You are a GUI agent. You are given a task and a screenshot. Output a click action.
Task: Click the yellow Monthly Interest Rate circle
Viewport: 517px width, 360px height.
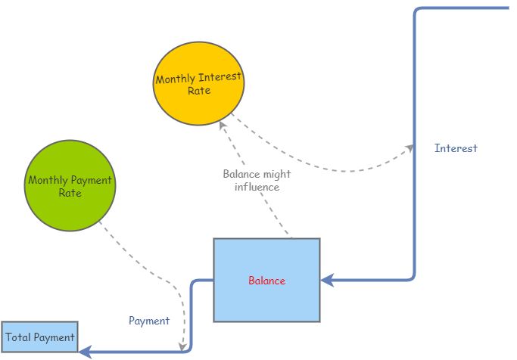point(199,83)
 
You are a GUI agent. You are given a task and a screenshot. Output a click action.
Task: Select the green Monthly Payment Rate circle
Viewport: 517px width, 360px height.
point(69,186)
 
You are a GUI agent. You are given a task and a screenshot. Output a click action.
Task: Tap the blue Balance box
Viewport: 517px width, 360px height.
point(266,281)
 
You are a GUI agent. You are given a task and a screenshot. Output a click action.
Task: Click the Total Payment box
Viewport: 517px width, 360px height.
point(39,337)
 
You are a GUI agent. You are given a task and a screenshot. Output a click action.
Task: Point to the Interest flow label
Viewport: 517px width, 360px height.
point(456,148)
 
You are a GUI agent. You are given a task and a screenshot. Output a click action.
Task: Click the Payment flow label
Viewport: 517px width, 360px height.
point(149,321)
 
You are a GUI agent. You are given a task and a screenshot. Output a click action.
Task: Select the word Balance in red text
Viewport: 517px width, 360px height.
point(266,281)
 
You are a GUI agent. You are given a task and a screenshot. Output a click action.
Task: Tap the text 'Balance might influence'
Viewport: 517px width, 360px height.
point(257,180)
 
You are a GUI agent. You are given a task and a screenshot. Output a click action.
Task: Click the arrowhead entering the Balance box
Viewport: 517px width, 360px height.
point(326,280)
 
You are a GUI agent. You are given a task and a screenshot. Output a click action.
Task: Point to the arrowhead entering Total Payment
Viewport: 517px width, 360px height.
point(85,351)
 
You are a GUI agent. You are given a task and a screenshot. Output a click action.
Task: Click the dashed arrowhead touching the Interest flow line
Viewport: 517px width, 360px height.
point(410,146)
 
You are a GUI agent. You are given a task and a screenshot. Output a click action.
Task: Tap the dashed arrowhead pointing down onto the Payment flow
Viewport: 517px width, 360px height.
point(183,346)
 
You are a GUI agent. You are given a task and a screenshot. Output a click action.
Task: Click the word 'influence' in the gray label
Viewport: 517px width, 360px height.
point(257,187)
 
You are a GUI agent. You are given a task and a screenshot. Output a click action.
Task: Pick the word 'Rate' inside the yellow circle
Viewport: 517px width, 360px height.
point(199,91)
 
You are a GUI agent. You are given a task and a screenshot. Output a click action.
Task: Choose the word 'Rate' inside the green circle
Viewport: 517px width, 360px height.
point(69,193)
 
